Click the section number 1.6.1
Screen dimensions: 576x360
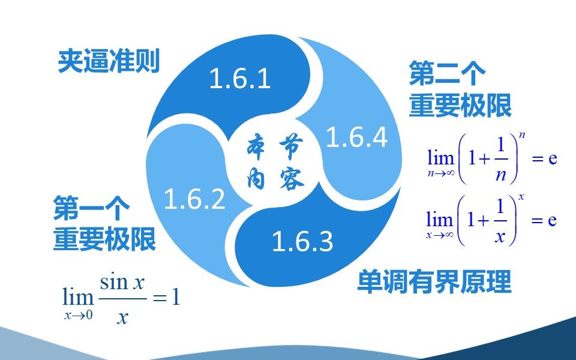[240, 78]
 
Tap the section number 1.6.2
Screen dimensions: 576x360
[194, 199]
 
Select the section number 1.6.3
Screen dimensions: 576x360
[302, 241]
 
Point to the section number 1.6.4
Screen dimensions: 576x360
[356, 137]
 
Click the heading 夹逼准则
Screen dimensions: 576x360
[109, 61]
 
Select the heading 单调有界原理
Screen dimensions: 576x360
[434, 281]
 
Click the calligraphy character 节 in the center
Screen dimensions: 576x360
[291, 146]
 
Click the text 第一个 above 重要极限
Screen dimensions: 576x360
[91, 208]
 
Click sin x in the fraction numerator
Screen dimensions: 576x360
[122, 283]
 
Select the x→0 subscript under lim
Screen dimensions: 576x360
[78, 315]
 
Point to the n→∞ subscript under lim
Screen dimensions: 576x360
[441, 173]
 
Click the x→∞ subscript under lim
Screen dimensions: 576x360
[440, 235]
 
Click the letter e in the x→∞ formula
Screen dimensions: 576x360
[552, 220]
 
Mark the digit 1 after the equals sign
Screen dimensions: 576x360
[176, 297]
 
